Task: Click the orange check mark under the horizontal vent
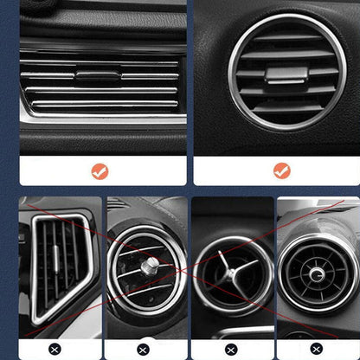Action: pyautogui.click(x=100, y=170)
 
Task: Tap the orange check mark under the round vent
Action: pyautogui.click(x=281, y=170)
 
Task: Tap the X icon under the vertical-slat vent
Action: pyautogui.click(x=55, y=350)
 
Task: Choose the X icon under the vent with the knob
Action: pyautogui.click(x=144, y=350)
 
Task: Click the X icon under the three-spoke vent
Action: pyautogui.click(x=231, y=350)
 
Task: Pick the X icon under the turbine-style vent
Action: pyautogui.click(x=318, y=350)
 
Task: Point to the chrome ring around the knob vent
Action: pyautogui.click(x=115, y=268)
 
